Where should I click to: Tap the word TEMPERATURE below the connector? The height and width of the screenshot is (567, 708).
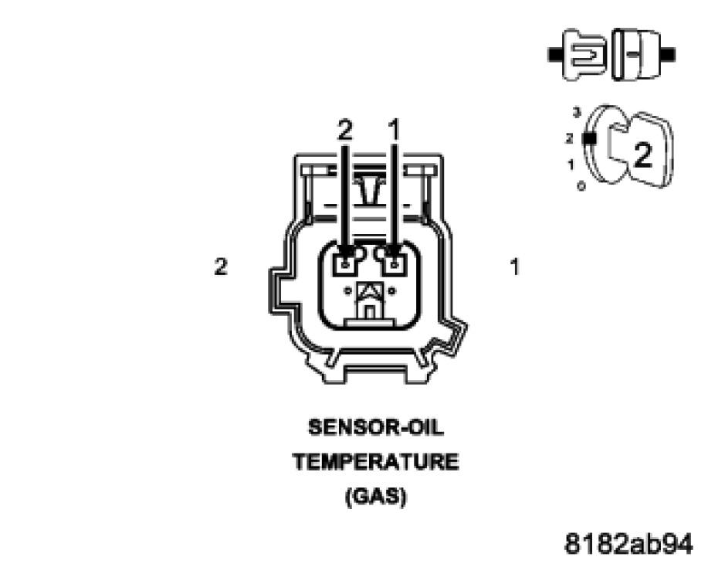[375, 463]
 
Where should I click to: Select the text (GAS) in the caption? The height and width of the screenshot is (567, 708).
[375, 497]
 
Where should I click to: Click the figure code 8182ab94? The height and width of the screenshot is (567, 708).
[628, 543]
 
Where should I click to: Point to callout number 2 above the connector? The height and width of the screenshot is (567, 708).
[344, 131]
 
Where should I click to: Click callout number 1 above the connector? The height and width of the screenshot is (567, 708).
[395, 131]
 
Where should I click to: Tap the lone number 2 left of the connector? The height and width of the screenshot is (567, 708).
[221, 267]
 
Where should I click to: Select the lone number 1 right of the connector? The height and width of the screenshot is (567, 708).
[514, 267]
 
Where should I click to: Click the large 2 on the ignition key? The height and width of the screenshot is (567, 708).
[642, 155]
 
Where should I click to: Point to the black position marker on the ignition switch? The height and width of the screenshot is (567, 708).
[591, 139]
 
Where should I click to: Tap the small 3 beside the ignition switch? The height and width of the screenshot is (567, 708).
[576, 113]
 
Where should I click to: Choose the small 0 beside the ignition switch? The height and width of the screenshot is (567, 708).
[580, 185]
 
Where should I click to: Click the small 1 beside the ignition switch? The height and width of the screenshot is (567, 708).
[570, 164]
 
